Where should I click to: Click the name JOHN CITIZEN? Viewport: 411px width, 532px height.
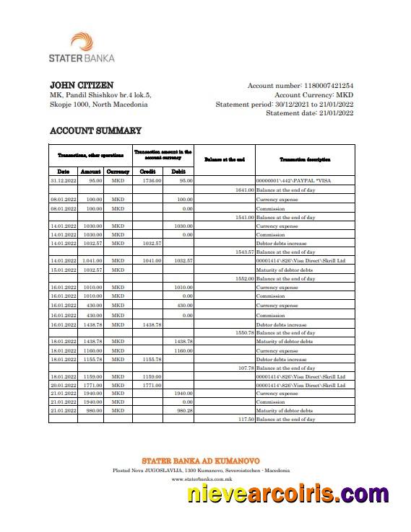(81, 85)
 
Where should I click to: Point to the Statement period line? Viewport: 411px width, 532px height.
(284, 104)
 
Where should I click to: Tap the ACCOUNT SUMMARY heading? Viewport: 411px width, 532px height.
(95, 130)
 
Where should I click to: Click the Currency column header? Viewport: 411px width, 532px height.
(118, 172)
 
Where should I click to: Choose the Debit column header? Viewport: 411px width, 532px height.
(178, 172)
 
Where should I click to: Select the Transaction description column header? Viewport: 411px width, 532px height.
(304, 159)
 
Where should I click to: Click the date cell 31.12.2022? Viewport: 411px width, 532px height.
(63, 180)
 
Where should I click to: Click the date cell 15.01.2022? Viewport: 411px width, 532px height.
(63, 269)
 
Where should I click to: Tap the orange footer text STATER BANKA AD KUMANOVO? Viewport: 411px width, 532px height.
(201, 460)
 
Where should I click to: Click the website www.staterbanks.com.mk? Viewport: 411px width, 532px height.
(201, 479)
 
